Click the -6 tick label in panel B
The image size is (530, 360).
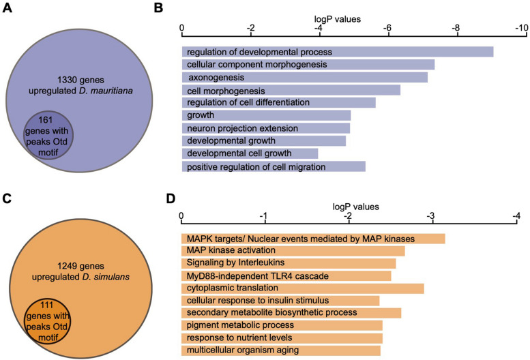click(386, 28)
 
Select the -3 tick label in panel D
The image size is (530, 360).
click(431, 215)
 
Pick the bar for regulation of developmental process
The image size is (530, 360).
click(337, 52)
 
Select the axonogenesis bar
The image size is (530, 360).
click(304, 77)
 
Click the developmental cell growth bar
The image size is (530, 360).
click(250, 153)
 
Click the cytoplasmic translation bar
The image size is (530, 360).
click(302, 288)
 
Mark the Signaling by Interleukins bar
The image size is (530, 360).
click(288, 263)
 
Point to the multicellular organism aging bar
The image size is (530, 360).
click(280, 350)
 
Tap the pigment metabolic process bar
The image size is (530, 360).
click(281, 325)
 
